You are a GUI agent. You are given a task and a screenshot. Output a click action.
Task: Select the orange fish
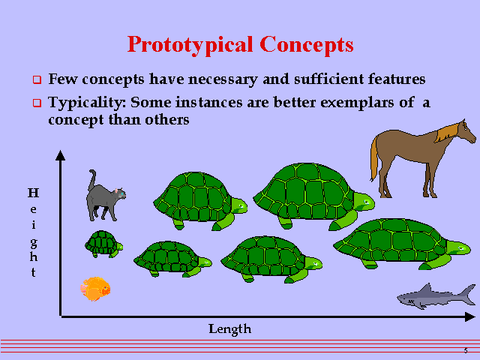click(x=95, y=289)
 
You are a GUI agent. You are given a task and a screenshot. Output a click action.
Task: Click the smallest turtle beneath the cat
click(x=103, y=244)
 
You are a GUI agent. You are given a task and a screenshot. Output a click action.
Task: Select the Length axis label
click(x=229, y=328)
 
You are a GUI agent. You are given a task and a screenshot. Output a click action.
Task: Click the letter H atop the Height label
click(x=33, y=193)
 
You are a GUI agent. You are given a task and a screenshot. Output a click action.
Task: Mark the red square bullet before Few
click(x=36, y=79)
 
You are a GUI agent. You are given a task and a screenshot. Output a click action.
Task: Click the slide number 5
click(x=466, y=351)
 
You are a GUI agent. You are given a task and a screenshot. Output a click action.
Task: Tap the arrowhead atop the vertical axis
click(x=61, y=156)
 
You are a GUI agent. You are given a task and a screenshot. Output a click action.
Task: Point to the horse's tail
click(x=373, y=157)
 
